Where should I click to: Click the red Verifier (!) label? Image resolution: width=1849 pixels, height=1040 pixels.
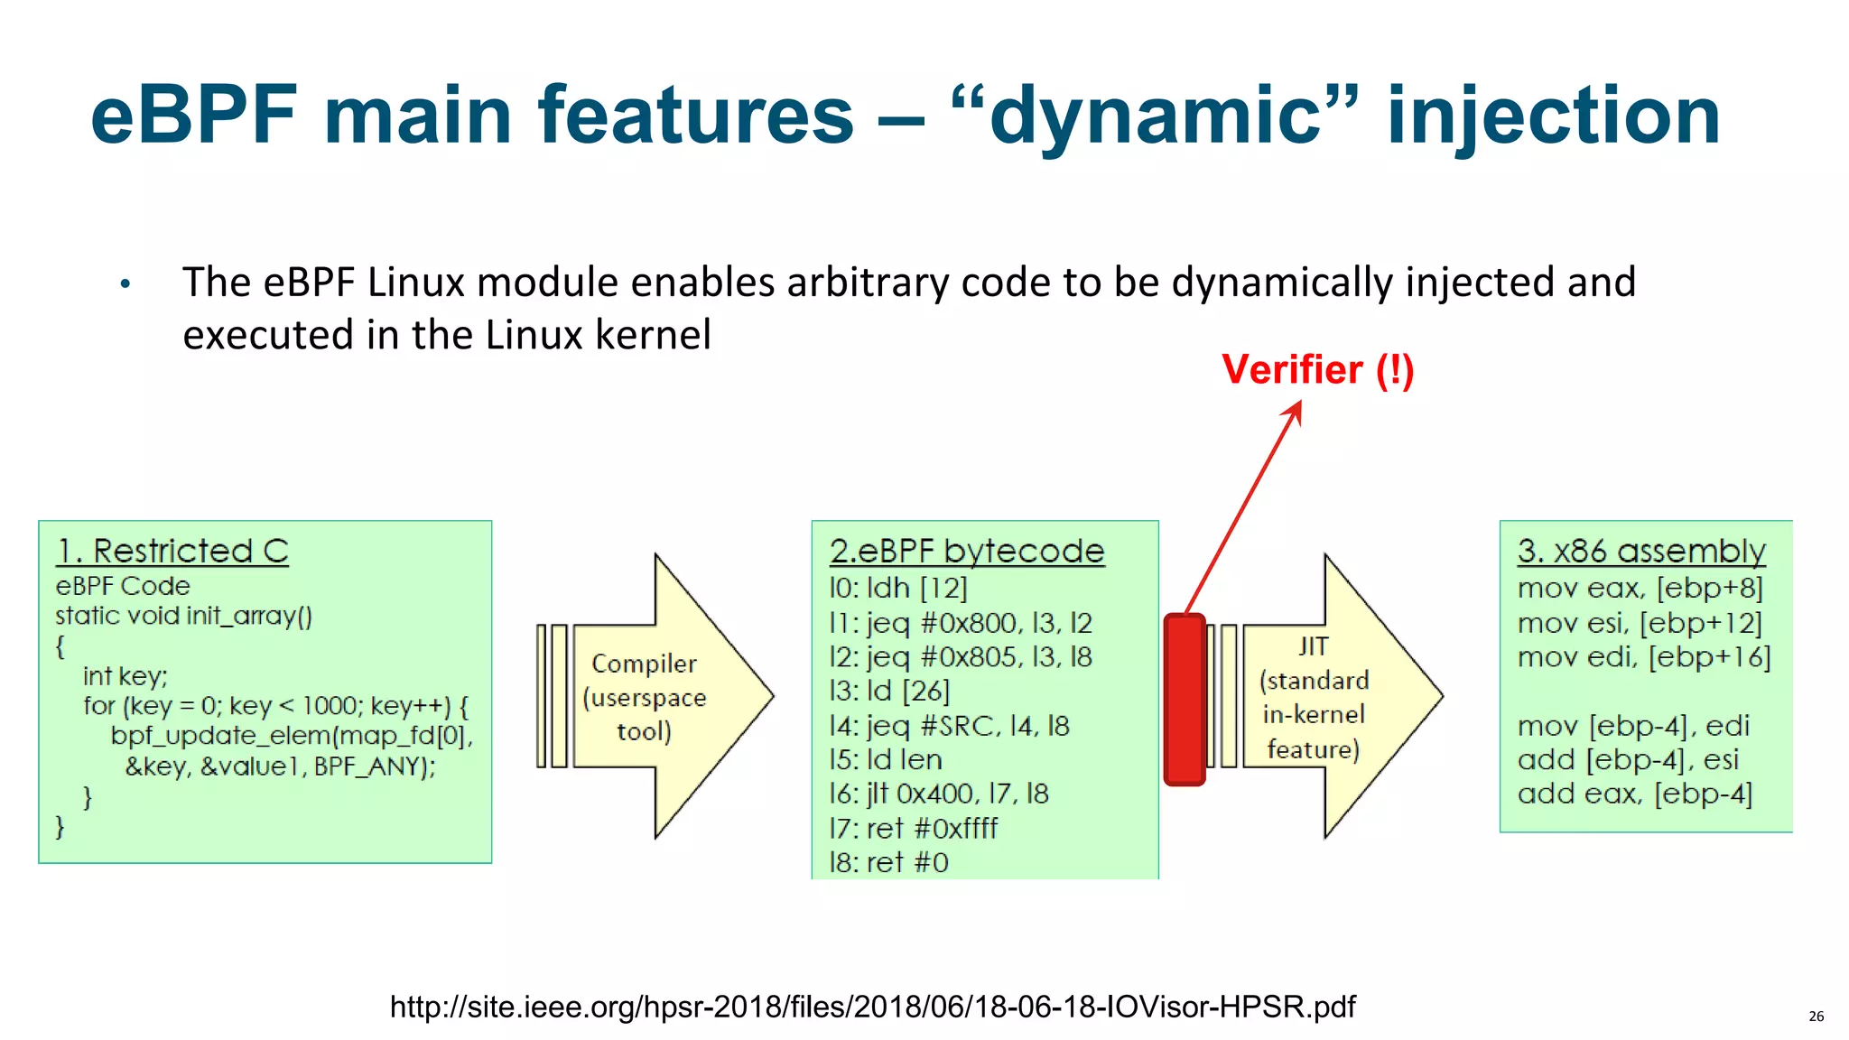1317,370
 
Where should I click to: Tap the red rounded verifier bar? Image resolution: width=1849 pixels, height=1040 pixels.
1185,700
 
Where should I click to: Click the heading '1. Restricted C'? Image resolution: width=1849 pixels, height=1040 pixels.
172,551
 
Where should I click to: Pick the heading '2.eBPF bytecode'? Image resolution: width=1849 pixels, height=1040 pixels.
967,551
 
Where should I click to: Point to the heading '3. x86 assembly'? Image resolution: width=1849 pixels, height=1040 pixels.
1640,551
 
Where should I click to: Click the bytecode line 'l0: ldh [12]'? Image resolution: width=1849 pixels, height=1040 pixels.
898,589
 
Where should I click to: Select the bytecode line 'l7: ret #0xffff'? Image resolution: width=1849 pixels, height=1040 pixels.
914,828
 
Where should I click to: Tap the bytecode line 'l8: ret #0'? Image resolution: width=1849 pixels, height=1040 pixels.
889,862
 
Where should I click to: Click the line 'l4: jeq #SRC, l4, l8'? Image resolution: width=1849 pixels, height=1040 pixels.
949,726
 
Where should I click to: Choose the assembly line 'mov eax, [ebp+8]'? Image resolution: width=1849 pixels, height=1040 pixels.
1640,589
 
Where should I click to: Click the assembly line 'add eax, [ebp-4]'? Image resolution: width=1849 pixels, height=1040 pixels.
1634,794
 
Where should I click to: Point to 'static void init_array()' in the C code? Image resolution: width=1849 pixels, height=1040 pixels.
183,617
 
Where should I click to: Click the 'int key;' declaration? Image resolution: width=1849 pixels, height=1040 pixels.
125,676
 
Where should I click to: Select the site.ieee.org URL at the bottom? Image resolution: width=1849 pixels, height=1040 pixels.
872,1007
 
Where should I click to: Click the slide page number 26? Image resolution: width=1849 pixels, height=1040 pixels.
1816,1017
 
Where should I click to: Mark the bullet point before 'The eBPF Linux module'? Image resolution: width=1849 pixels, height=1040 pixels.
125,285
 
